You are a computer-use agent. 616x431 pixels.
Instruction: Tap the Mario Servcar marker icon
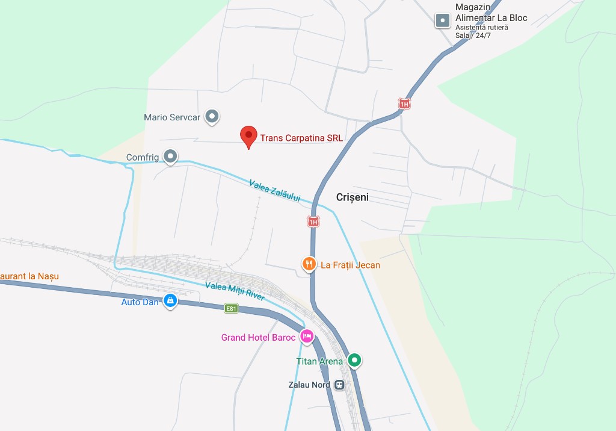(212, 116)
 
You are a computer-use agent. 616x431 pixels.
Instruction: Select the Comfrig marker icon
(171, 157)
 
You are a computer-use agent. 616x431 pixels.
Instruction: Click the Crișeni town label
(353, 197)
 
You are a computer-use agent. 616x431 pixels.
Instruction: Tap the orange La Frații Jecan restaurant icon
(309, 264)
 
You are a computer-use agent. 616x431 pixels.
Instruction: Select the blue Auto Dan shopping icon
(171, 300)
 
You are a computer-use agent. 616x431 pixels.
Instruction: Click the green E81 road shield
(231, 308)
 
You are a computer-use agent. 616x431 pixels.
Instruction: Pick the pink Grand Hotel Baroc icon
(307, 336)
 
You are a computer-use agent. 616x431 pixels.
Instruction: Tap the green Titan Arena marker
(355, 361)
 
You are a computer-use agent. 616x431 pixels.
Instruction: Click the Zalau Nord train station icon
(339, 385)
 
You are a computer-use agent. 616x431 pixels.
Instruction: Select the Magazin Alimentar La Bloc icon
(443, 20)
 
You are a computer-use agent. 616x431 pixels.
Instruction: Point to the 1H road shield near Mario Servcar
(404, 104)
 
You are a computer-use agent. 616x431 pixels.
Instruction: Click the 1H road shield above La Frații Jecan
(313, 222)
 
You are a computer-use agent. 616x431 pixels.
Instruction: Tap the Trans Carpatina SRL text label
(301, 138)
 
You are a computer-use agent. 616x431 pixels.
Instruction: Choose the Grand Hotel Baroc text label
(258, 338)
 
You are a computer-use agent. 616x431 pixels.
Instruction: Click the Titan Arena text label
(319, 362)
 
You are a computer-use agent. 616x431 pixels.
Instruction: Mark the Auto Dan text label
(140, 302)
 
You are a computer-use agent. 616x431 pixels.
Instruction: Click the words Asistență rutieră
(481, 28)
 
